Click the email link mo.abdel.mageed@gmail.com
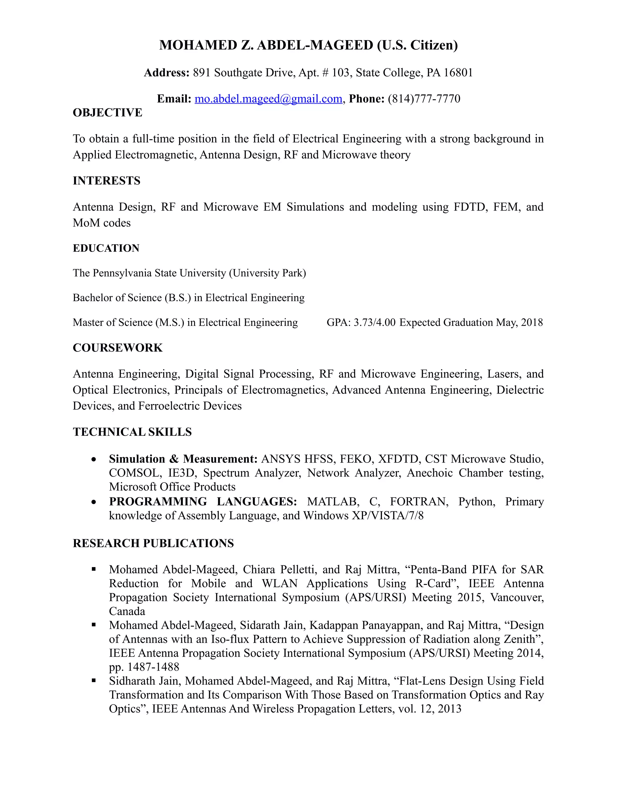tap(268, 99)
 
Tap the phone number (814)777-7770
tap(424, 99)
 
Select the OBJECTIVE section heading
tap(108, 113)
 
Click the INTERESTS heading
tap(106, 181)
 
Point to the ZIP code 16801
tap(458, 73)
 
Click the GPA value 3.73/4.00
tap(374, 322)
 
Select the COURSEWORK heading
tap(118, 348)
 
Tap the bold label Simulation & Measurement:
tap(183, 459)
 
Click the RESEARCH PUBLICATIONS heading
tap(153, 543)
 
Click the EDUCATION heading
tap(106, 248)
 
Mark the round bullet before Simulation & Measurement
tap(94, 459)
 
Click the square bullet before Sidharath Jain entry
tap(94, 681)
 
